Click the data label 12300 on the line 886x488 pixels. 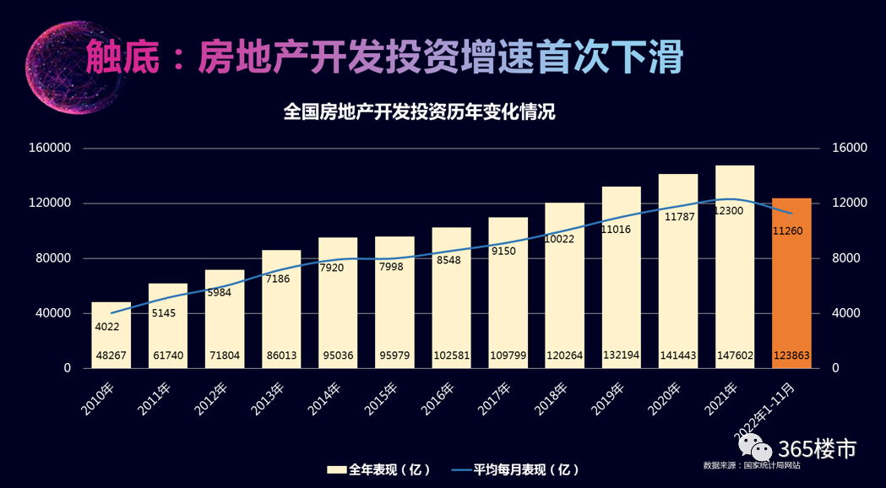point(727,210)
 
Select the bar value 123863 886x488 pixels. point(791,356)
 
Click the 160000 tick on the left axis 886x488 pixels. point(50,148)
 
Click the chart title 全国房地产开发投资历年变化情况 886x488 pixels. point(420,112)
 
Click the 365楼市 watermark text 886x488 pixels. point(817,448)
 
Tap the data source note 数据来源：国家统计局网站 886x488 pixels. point(752,465)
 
